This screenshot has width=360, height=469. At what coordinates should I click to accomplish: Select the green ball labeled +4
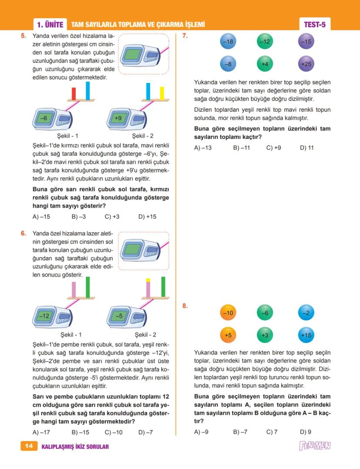(265, 64)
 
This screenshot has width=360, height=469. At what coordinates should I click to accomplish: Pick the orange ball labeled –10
(228, 313)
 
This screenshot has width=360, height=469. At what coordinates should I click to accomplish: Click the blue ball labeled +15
(306, 335)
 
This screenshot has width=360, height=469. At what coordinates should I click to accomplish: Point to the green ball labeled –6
(265, 313)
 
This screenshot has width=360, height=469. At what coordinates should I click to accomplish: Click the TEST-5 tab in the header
(314, 25)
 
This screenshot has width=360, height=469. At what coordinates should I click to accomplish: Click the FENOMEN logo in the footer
(315, 446)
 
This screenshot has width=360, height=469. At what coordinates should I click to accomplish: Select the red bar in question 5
(73, 93)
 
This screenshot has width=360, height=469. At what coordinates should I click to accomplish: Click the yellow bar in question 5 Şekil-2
(162, 93)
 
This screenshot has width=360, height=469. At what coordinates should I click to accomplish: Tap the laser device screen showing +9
(118, 118)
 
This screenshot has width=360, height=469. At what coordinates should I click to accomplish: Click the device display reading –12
(44, 316)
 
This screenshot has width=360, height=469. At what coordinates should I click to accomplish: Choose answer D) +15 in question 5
(147, 217)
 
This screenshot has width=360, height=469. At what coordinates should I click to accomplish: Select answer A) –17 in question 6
(42, 432)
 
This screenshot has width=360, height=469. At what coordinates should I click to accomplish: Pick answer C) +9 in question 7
(273, 148)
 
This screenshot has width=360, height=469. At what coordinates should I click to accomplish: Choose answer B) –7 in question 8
(240, 432)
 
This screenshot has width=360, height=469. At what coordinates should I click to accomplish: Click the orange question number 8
(185, 306)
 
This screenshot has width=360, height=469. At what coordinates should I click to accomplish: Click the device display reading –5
(118, 316)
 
